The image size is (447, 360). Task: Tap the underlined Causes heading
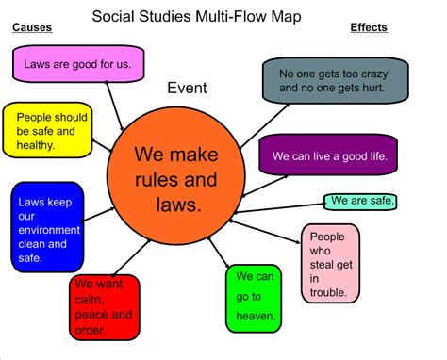(31, 27)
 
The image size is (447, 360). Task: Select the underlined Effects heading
(369, 27)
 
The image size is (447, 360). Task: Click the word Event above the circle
(187, 89)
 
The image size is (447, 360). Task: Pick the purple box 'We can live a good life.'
(327, 155)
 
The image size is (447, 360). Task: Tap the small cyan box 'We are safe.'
(361, 201)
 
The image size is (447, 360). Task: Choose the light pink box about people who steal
(328, 265)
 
